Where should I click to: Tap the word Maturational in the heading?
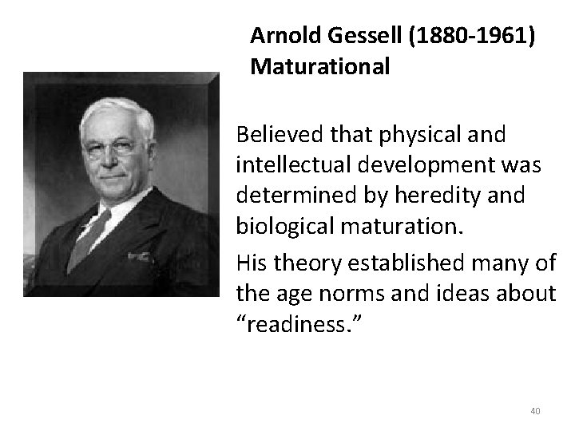coord(319,67)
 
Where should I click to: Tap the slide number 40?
coord(535,411)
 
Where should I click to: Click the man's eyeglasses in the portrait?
coord(113,147)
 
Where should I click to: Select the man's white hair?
coord(117,112)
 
